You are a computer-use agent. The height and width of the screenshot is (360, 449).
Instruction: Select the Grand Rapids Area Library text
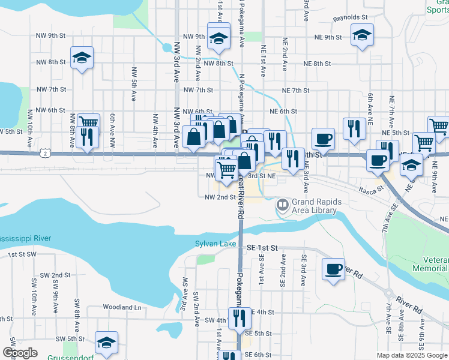316,206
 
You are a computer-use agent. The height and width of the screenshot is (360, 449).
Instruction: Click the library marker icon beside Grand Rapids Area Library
282,205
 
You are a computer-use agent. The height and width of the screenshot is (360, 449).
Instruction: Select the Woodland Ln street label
122,307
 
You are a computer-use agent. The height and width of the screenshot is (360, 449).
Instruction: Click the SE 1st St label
263,247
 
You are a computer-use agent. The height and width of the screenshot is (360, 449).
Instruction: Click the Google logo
20,353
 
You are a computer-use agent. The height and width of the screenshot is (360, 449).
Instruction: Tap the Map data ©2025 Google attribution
411,355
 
